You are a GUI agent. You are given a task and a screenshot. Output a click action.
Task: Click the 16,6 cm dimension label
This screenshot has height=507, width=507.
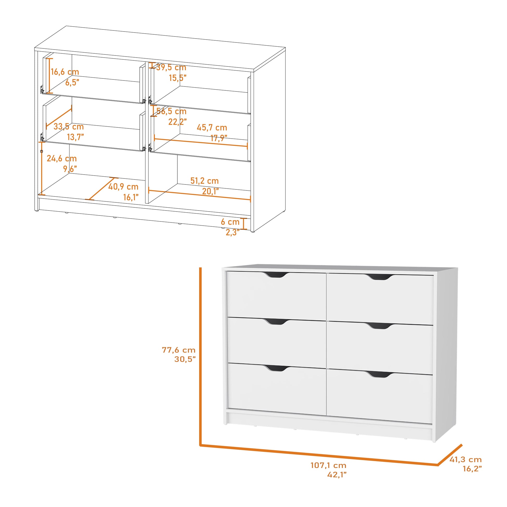click(x=65, y=72)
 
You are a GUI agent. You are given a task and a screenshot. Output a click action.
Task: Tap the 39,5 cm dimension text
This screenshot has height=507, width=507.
click(x=171, y=67)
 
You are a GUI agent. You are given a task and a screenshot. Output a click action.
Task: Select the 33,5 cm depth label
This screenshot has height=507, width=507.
click(x=69, y=127)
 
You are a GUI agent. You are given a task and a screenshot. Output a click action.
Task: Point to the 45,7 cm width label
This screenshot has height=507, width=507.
click(x=212, y=128)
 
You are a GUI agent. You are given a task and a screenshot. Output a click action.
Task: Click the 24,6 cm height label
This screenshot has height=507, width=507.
click(x=62, y=158)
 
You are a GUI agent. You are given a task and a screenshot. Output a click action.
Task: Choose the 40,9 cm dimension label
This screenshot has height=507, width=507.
click(x=123, y=187)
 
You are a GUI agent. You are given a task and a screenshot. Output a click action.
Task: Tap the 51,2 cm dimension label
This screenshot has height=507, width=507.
click(x=205, y=181)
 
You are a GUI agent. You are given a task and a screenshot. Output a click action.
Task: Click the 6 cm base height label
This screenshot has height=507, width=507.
click(x=230, y=222)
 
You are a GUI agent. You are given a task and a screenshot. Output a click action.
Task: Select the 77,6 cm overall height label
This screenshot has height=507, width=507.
click(x=179, y=350)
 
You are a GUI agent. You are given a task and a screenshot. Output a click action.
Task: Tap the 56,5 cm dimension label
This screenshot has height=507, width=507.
click(x=171, y=111)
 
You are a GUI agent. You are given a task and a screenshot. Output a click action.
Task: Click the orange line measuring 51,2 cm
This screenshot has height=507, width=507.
click(x=200, y=195)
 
